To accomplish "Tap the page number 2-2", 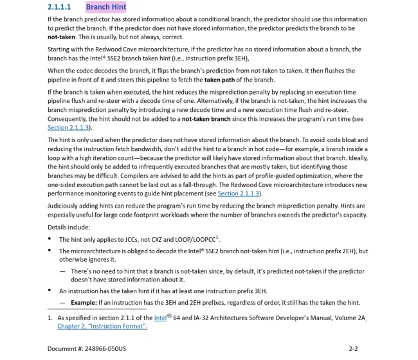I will [x=352, y=349].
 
